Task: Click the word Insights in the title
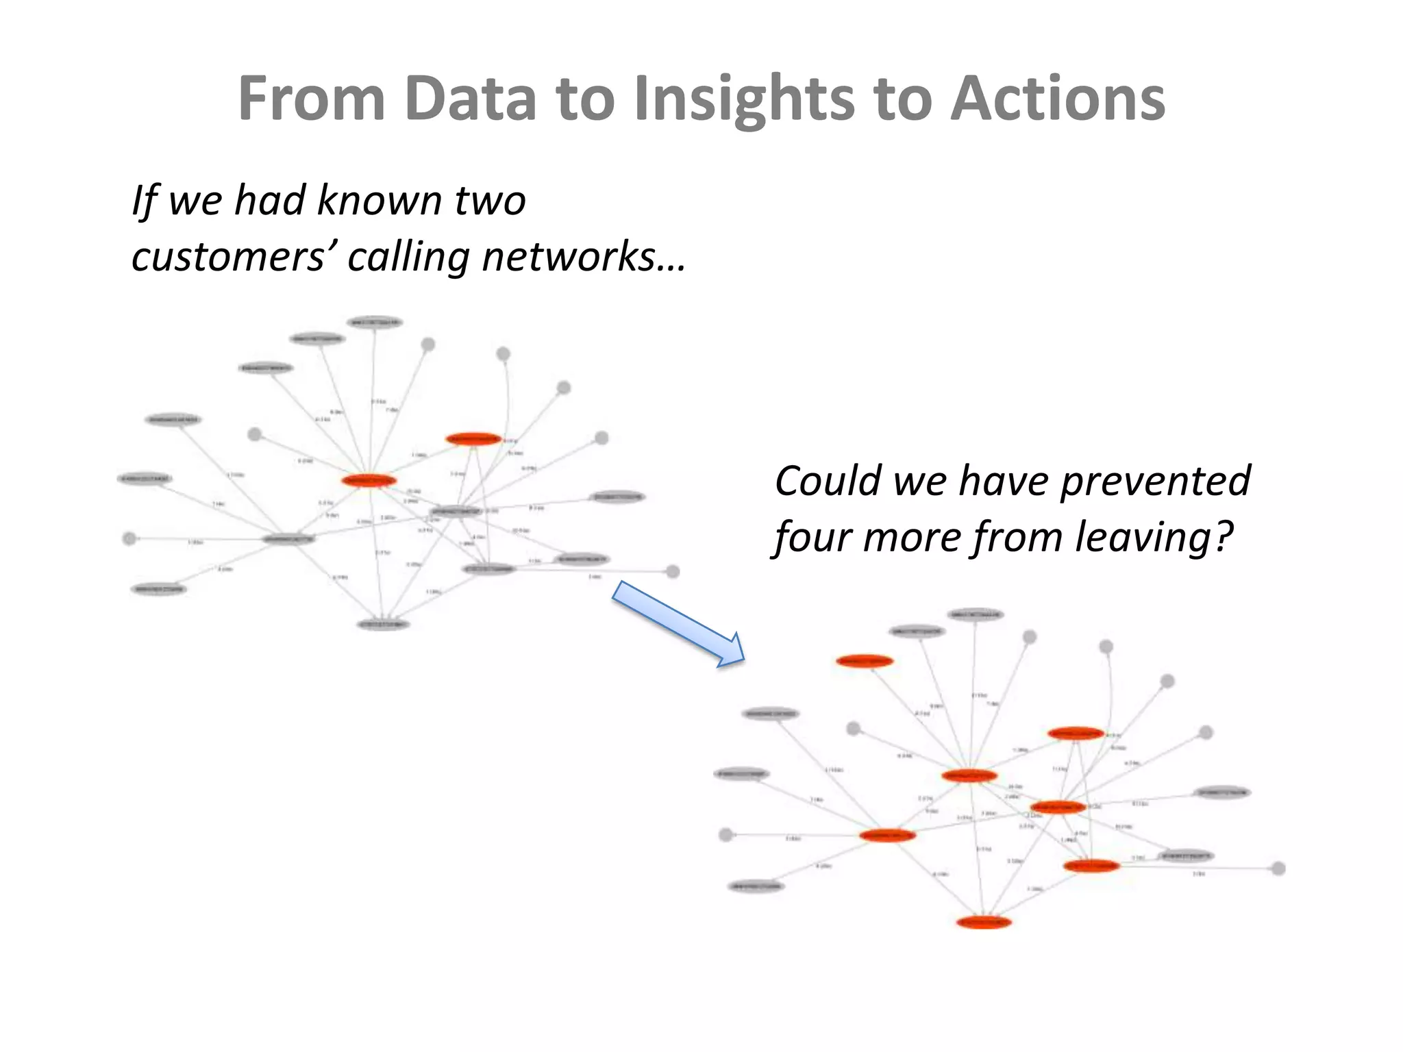[x=744, y=99]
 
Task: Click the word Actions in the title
[x=1058, y=99]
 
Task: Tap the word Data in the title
[x=470, y=99]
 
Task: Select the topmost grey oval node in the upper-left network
[x=375, y=323]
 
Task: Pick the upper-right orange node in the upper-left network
[x=473, y=438]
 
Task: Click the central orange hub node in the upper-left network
[x=369, y=480]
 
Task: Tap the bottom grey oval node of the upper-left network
[x=383, y=624]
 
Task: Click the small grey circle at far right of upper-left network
[x=673, y=571]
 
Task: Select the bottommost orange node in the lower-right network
[x=984, y=923]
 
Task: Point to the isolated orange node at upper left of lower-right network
[x=865, y=661]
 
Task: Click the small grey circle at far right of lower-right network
[x=1278, y=868]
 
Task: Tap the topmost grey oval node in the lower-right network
[x=976, y=614]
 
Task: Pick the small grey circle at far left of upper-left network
[x=129, y=539]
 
